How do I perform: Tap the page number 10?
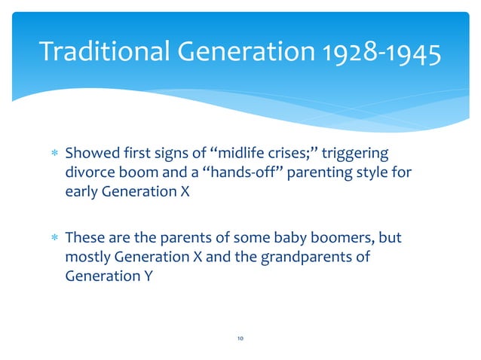[x=240, y=338]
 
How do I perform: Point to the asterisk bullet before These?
[x=53, y=239]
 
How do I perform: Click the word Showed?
[x=90, y=154]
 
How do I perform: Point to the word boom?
[x=136, y=172]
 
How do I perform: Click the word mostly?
[x=88, y=257]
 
